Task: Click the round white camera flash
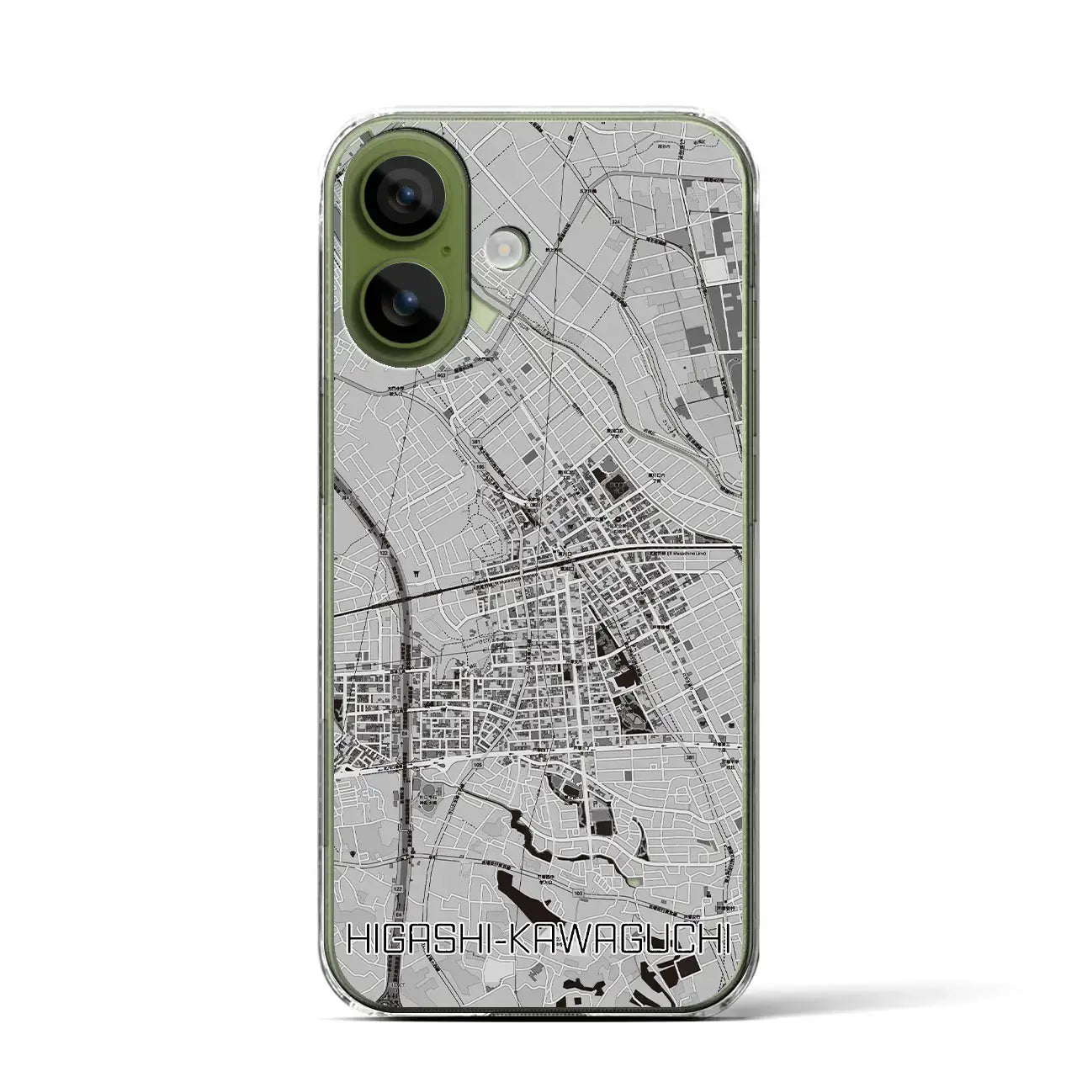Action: [x=507, y=250]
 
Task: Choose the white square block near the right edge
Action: [x=715, y=269]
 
